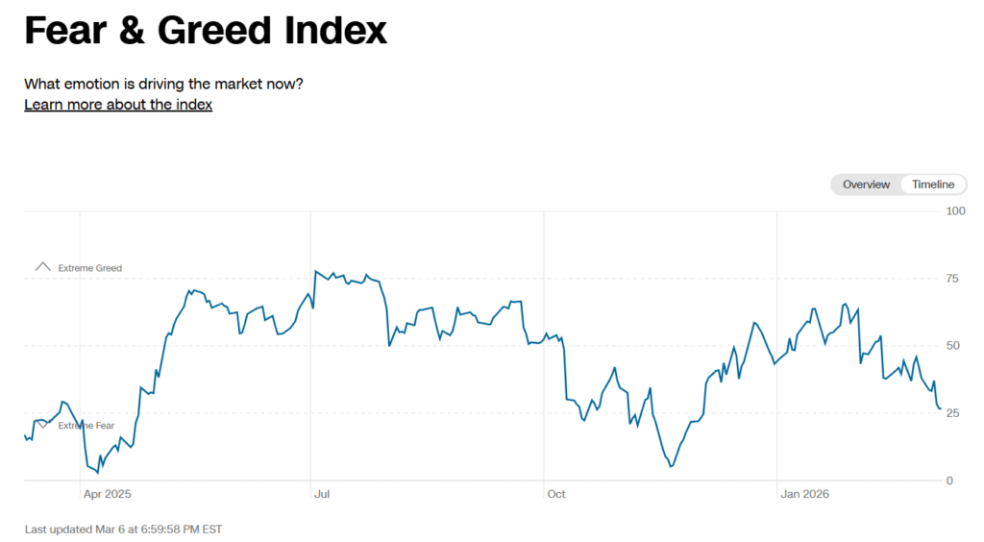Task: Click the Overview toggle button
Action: click(x=866, y=185)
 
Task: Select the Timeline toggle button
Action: click(x=933, y=185)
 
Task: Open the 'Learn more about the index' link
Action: click(x=118, y=105)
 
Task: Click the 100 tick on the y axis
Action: click(x=955, y=210)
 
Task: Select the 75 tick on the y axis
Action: click(x=952, y=279)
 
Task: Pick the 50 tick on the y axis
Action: click(x=952, y=346)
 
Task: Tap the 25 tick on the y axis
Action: click(x=952, y=413)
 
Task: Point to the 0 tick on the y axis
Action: click(x=949, y=480)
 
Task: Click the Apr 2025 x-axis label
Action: click(x=107, y=494)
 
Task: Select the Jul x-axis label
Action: click(x=322, y=494)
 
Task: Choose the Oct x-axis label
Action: click(x=556, y=494)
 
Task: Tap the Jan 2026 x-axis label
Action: click(x=804, y=494)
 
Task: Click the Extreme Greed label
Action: click(x=90, y=268)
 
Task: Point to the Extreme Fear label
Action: click(x=86, y=426)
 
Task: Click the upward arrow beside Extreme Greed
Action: click(x=41, y=267)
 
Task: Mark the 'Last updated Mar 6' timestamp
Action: click(x=123, y=529)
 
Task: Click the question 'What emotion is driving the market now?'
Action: click(x=163, y=84)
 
